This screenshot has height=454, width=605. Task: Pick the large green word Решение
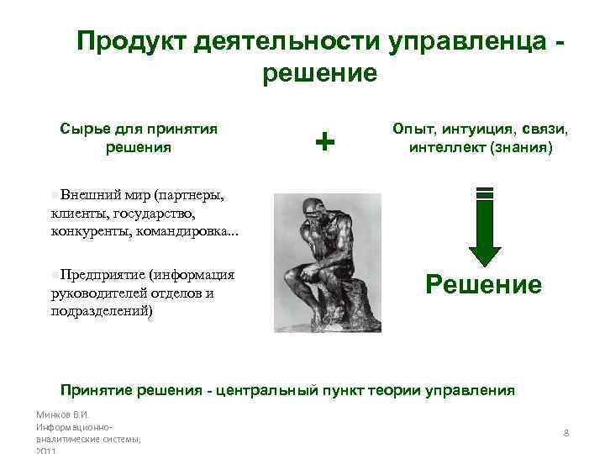coord(484,284)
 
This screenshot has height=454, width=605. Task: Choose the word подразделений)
coord(101,309)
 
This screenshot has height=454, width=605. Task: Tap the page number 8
coord(566,433)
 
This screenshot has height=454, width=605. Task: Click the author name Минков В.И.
coord(63,415)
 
